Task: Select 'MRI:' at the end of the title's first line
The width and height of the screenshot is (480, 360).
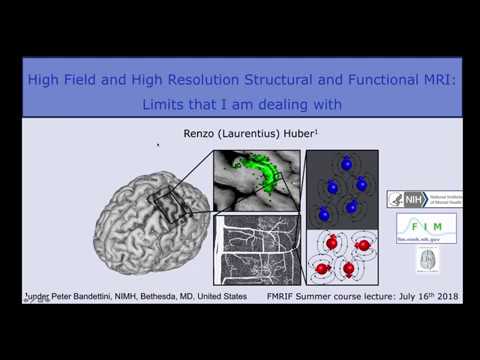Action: click(x=430, y=80)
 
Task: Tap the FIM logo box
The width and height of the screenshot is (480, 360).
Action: click(x=426, y=227)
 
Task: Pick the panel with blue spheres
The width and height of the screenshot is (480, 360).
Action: click(x=343, y=187)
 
